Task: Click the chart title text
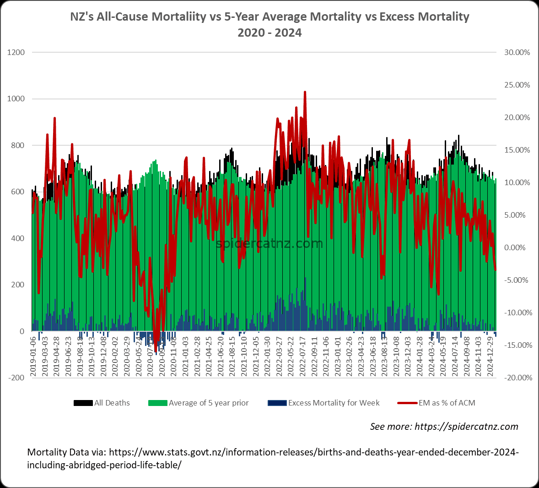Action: click(x=269, y=24)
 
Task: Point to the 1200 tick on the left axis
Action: click(x=16, y=52)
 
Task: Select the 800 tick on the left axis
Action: click(x=18, y=146)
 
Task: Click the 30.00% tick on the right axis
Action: click(x=517, y=52)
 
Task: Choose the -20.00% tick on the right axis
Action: click(x=517, y=378)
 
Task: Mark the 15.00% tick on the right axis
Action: click(x=517, y=150)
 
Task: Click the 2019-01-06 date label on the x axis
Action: click(x=33, y=356)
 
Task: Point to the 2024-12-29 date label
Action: click(x=490, y=356)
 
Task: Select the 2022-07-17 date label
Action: click(x=302, y=356)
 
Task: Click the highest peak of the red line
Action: click(x=305, y=92)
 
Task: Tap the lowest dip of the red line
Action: click(x=156, y=351)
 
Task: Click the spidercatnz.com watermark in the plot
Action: click(x=269, y=243)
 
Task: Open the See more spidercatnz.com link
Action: click(x=444, y=427)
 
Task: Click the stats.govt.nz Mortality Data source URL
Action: click(x=273, y=458)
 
